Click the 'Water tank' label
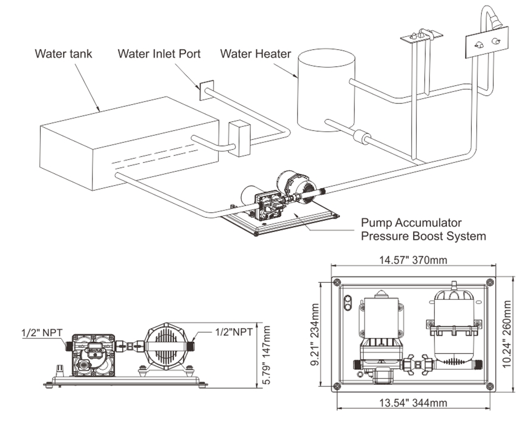(x=63, y=53)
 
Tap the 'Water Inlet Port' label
(x=159, y=53)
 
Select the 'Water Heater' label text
(x=256, y=53)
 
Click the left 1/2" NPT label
(x=42, y=333)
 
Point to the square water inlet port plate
(x=205, y=90)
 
